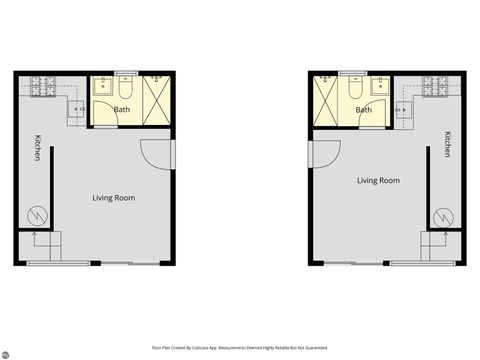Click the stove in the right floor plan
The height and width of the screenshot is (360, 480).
point(437,87)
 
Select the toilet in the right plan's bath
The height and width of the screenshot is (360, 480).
point(355,88)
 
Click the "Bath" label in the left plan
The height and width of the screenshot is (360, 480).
point(122,110)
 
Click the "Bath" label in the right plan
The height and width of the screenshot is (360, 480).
point(363,110)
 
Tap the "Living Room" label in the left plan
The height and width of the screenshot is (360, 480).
point(114,198)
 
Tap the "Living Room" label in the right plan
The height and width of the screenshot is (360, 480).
point(378,181)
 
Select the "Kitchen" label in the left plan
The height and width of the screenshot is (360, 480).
point(37,148)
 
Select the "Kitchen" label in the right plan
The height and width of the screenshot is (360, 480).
point(448,144)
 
